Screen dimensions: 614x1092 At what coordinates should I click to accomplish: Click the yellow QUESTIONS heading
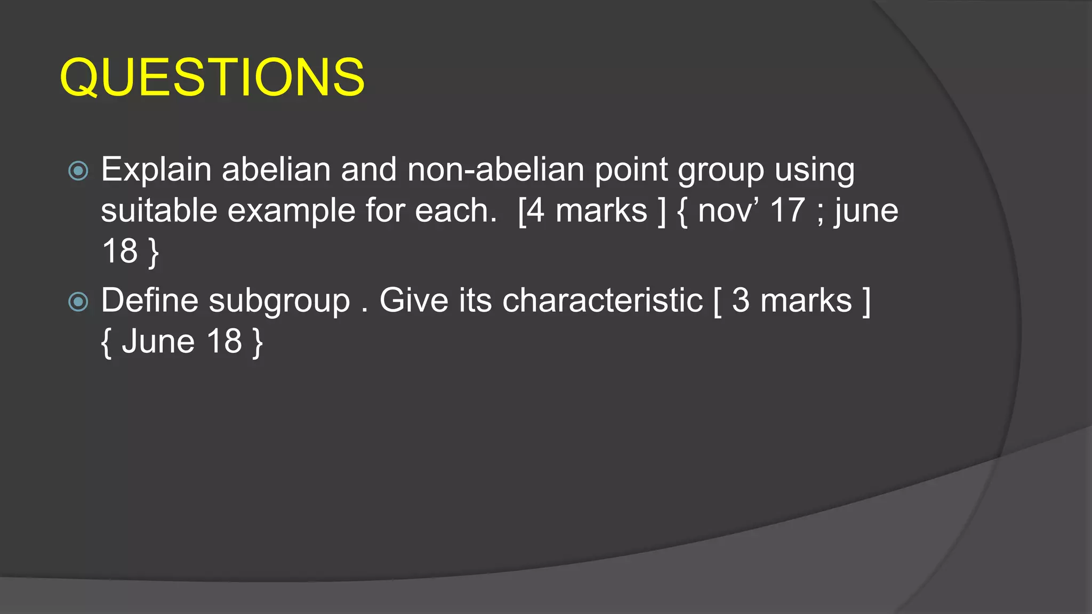coord(212,78)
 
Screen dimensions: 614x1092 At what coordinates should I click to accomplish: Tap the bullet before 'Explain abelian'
coord(78,171)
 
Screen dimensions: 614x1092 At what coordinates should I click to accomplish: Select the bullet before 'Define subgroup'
coord(78,302)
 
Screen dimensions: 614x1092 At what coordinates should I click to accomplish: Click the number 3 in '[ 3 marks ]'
coord(740,301)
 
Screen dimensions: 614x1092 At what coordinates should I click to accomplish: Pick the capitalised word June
coord(158,342)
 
